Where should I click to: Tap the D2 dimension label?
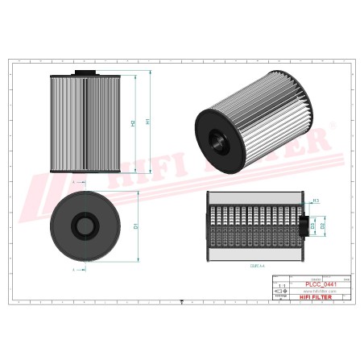[x=324, y=226]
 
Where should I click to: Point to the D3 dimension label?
[x=313, y=226]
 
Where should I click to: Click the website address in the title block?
[x=318, y=291]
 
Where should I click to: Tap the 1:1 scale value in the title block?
[x=280, y=285]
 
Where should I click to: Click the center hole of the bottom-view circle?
[x=85, y=224]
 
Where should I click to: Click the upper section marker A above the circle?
[x=74, y=183]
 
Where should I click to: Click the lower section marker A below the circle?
[x=74, y=269]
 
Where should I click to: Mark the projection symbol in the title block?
[x=280, y=296]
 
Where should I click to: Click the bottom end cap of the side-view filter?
[x=85, y=170]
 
